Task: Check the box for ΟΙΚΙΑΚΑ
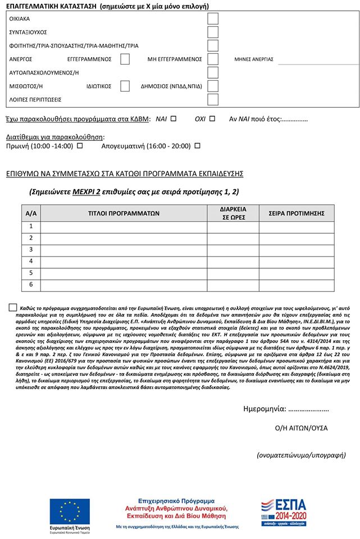click(x=213, y=18)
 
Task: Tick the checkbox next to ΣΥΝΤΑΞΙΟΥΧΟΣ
click(x=213, y=32)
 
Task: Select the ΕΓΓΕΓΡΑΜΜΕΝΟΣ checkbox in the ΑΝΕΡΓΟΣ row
click(x=125, y=59)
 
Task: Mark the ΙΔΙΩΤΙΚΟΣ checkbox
click(x=125, y=86)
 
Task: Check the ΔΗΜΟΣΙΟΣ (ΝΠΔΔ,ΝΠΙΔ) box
click(x=213, y=86)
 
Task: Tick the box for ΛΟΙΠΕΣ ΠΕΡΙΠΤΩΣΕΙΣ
click(x=213, y=99)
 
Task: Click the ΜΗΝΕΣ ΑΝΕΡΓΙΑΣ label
click(x=254, y=59)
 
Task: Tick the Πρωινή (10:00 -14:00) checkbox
click(x=79, y=145)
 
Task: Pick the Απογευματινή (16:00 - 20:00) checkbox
click(x=197, y=145)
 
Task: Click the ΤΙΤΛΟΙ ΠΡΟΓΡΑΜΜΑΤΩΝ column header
click(x=124, y=213)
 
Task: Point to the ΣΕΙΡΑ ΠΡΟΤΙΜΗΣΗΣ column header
click(x=301, y=213)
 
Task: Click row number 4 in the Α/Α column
click(x=31, y=261)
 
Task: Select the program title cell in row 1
click(x=124, y=226)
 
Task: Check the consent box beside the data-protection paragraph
click(x=13, y=307)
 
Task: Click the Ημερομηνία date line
click(x=308, y=409)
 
